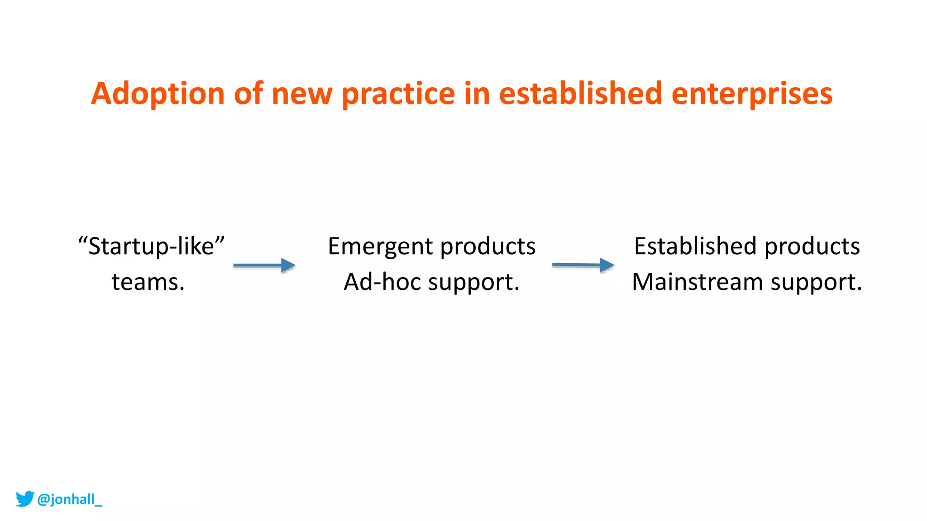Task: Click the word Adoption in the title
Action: (x=158, y=94)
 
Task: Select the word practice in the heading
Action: (x=398, y=94)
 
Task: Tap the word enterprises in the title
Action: (x=751, y=94)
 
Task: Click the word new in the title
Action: (x=302, y=94)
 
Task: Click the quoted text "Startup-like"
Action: (x=151, y=246)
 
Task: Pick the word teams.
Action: (x=148, y=282)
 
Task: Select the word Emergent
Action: (x=380, y=247)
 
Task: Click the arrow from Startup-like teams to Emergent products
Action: (x=264, y=265)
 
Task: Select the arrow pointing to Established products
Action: (x=583, y=265)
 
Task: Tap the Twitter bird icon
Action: (x=25, y=498)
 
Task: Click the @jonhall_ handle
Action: (x=70, y=499)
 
